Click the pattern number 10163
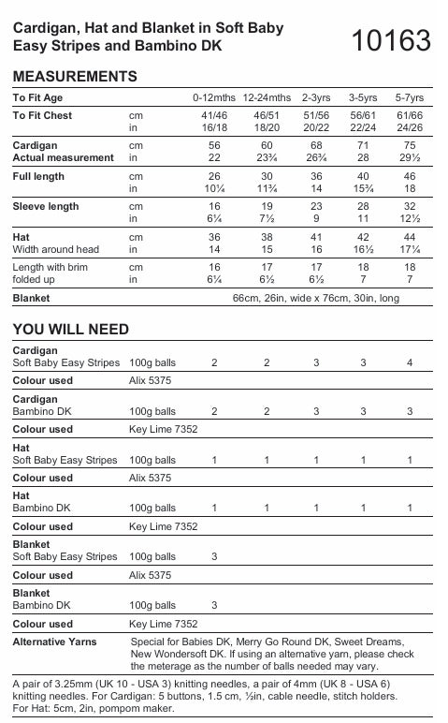coord(391,40)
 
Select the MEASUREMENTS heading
coord(75,76)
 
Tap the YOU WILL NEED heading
coord(71,329)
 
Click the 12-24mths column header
coord(267,97)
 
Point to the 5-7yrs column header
coord(410,97)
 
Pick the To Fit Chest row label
coord(42,115)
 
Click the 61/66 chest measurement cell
coord(410,115)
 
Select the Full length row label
coord(38,177)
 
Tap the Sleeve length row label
coord(46,207)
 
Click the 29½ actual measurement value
coord(410,157)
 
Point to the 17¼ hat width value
coord(410,249)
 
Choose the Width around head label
coord(56,249)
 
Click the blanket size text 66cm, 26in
coord(257,298)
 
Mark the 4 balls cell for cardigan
coord(410,362)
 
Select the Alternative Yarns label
coord(55,642)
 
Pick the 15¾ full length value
coord(363,188)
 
